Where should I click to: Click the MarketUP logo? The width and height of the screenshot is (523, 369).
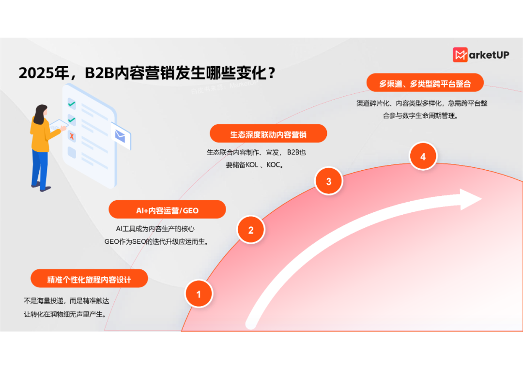[x=480, y=55]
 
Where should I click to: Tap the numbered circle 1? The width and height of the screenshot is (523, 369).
[x=199, y=294]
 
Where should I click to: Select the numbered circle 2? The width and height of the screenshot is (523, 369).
[x=251, y=230]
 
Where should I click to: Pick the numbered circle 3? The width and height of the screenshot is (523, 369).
[x=329, y=182]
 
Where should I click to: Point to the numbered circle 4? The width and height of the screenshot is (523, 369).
[x=423, y=157]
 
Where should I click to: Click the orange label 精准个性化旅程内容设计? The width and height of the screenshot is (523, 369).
[x=89, y=279]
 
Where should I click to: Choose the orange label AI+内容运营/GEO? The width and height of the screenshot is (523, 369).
[x=167, y=210]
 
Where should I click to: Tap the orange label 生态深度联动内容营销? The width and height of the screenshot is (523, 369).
[x=268, y=134]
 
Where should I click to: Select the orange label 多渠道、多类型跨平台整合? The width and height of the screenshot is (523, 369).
[x=425, y=84]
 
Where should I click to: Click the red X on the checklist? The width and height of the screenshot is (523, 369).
[x=72, y=136]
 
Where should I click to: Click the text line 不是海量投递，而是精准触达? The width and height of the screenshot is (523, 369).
[x=66, y=301]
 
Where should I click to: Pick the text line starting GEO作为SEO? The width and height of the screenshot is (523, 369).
[x=156, y=242]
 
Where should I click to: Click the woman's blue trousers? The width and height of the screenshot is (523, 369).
[x=40, y=167]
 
